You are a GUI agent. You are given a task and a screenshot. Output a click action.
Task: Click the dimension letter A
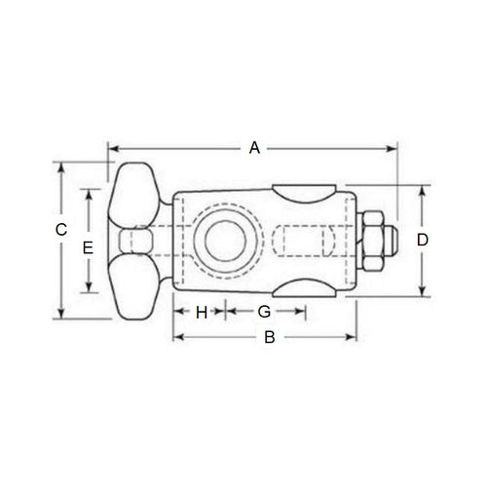254,148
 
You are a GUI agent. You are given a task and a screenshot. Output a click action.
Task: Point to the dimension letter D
422,240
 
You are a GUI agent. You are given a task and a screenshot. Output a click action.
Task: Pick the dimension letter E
88,247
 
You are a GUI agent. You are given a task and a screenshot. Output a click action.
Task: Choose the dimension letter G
264,312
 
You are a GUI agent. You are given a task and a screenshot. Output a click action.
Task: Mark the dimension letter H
202,312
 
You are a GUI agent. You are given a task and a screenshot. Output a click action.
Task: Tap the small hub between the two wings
133,240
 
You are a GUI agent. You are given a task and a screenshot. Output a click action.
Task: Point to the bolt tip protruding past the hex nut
392,240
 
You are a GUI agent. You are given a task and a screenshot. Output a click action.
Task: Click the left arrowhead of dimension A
110,148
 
